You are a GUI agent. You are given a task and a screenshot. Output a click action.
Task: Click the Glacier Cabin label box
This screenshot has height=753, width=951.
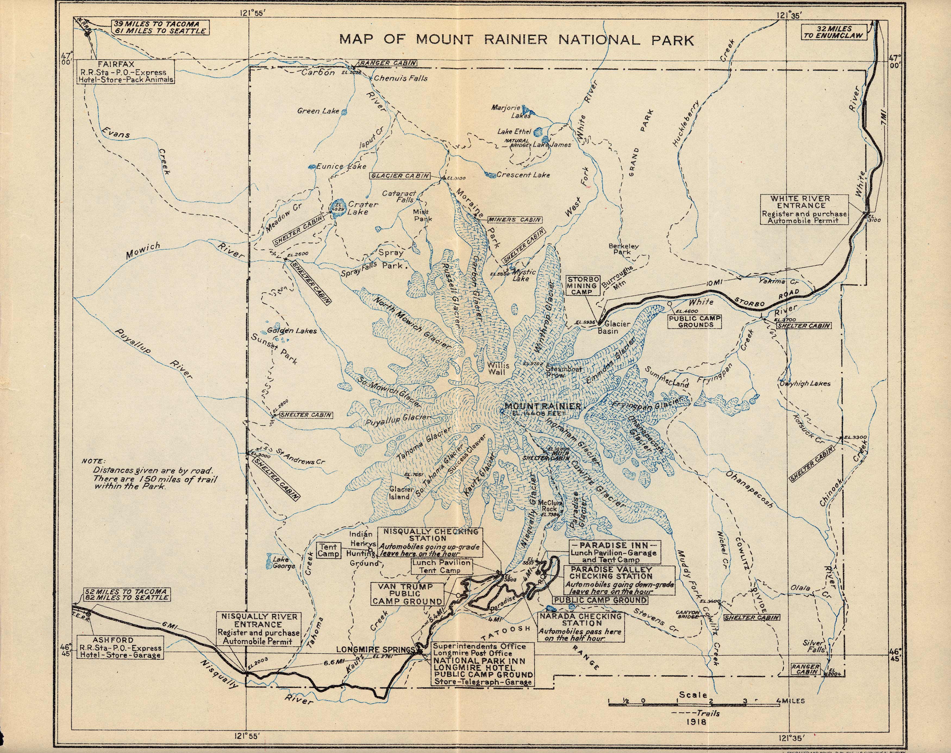400,176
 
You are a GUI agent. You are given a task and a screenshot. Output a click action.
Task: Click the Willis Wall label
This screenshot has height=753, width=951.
498,368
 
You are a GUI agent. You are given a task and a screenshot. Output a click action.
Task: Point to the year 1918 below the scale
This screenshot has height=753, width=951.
696,722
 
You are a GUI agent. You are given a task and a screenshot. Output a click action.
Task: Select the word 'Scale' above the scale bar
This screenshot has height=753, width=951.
693,695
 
